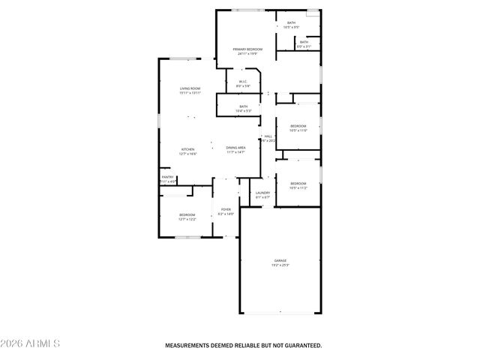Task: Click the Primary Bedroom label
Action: click(247, 49)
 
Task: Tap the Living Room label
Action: click(190, 89)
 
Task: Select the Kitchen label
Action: click(188, 149)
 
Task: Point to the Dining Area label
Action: click(235, 149)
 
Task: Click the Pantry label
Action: click(167, 177)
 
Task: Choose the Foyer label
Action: click(226, 209)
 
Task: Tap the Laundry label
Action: click(262, 193)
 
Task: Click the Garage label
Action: click(280, 260)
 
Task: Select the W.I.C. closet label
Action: click(243, 82)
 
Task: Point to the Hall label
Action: click(268, 136)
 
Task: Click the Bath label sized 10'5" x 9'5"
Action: click(292, 23)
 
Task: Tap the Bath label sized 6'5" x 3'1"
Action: click(304, 42)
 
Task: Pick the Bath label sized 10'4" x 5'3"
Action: click(244, 106)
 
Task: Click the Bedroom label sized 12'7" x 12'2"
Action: click(187, 214)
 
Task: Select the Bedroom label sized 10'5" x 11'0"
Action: click(298, 126)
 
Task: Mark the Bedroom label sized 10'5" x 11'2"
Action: click(298, 183)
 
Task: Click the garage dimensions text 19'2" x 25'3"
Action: click(280, 265)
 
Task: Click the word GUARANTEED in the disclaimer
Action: click(301, 346)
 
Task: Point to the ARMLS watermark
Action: click(31, 343)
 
